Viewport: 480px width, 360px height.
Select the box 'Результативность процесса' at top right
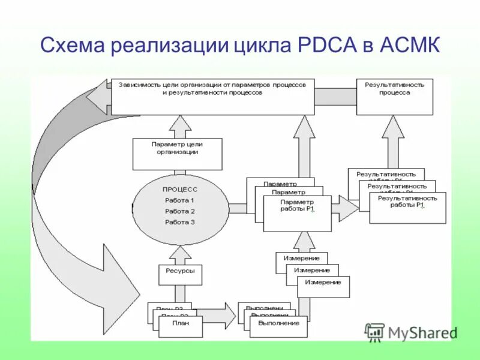tap(394, 96)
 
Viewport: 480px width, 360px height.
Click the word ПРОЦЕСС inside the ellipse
tap(180, 189)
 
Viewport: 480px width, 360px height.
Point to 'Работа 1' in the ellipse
tap(180, 200)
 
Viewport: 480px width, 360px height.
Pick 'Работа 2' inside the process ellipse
tap(180, 211)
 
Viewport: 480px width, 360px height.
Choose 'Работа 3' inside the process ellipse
tap(180, 222)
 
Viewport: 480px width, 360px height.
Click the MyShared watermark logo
tap(411, 332)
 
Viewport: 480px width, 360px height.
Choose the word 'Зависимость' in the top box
tap(139, 85)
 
